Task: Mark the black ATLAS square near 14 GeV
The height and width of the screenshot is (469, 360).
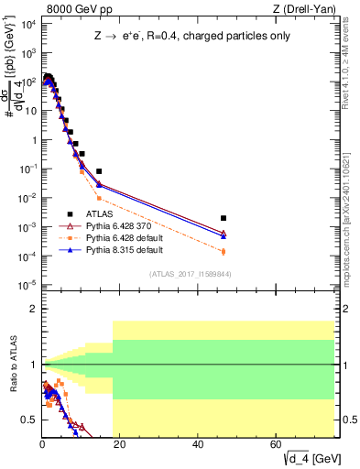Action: [x=98, y=171]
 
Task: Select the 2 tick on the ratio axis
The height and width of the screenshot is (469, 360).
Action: [x=33, y=309]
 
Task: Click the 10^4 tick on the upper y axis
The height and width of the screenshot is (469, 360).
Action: [x=27, y=24]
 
